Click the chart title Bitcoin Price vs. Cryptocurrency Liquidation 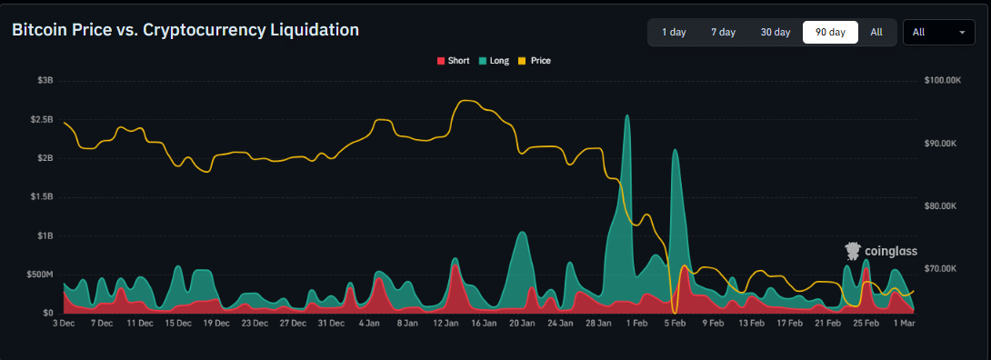[x=185, y=30]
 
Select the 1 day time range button [x=674, y=32]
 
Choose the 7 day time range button [x=723, y=32]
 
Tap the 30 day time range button [x=776, y=32]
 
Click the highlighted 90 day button [x=830, y=32]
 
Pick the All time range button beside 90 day [x=876, y=32]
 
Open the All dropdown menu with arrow [x=938, y=32]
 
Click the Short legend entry [x=453, y=61]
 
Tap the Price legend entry [x=535, y=61]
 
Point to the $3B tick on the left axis [x=45, y=80]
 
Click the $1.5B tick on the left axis [x=41, y=196]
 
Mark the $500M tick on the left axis [x=40, y=274]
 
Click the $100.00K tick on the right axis [x=942, y=80]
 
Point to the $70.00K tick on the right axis [x=941, y=268]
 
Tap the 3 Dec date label [x=65, y=323]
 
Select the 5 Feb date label [x=674, y=323]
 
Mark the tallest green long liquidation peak [x=626, y=116]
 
